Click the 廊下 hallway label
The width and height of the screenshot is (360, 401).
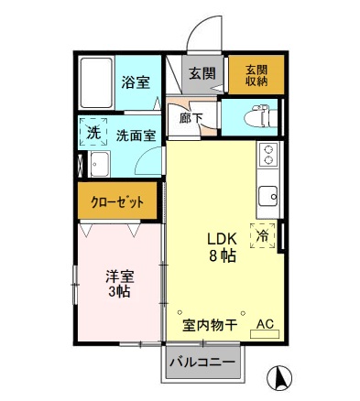191,117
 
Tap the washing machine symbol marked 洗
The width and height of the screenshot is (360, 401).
93,133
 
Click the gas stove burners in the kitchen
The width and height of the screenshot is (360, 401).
269,155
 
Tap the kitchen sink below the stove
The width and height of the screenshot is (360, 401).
269,196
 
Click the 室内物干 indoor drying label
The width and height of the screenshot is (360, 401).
210,324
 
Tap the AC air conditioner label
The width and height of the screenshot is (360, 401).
265,323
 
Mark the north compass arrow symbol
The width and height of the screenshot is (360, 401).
281,376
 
